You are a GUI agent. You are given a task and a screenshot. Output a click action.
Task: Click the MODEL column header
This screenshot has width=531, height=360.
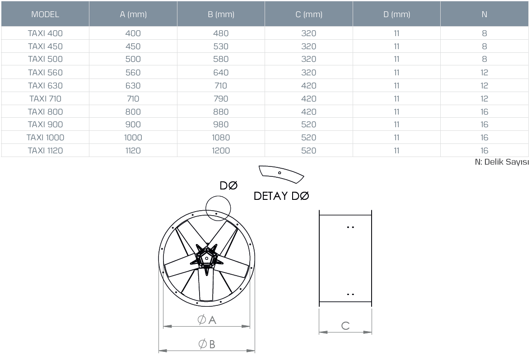45,14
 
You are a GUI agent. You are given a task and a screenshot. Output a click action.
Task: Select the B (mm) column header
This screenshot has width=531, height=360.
221,14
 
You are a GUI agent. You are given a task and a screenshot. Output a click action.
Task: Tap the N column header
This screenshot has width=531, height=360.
484,14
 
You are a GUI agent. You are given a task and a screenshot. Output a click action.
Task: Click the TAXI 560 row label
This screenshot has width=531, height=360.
45,72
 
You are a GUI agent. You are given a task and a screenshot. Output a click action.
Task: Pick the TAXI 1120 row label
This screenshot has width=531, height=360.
45,151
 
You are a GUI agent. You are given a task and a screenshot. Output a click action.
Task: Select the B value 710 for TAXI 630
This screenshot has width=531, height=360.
221,86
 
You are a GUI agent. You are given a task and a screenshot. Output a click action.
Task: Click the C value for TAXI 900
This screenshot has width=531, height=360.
308,125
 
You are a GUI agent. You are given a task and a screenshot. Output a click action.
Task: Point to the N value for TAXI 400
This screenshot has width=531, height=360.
484,33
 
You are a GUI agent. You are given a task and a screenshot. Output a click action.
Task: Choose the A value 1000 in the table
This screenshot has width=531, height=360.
133,137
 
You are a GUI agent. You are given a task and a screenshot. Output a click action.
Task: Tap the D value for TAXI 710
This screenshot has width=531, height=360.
396,98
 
